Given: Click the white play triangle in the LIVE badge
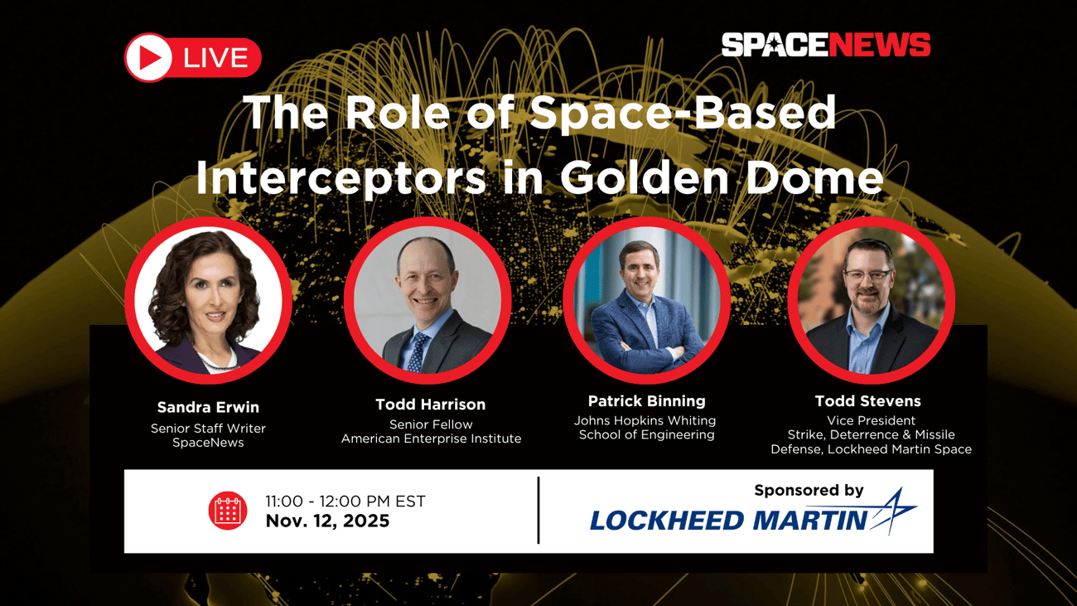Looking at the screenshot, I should tap(150, 57).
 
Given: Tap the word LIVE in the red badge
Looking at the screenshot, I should tap(215, 58).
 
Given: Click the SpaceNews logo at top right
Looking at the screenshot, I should tap(825, 45).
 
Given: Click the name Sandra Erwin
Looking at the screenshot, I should tap(208, 407).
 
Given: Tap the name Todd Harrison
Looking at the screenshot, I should tap(430, 405).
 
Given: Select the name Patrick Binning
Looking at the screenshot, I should tap(646, 401).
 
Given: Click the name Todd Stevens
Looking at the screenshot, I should tap(867, 401).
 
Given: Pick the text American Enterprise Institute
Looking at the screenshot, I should tap(431, 439).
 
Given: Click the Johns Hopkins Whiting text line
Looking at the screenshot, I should tap(645, 420).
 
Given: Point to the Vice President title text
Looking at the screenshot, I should tap(871, 420).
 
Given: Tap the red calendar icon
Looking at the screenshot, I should tap(227, 511).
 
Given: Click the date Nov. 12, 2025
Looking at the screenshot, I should tap(327, 521).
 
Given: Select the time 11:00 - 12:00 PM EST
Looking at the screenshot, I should tap(345, 502).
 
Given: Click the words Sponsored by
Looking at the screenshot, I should tap(809, 491).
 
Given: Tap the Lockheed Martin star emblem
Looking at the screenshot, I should tap(892, 510).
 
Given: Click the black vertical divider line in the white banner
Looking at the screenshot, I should tap(538, 511).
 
